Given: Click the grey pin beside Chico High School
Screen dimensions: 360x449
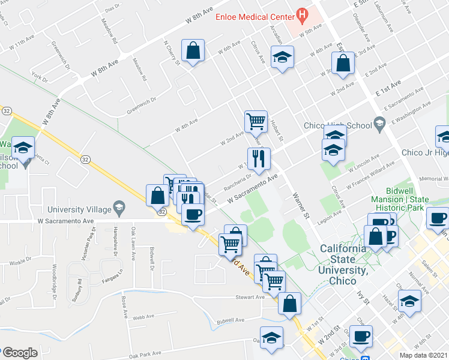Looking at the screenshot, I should coord(379,124).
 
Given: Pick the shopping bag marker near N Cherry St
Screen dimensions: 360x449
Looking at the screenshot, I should coord(194,52).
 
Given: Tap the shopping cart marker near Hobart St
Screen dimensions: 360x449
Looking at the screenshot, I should coord(256,121).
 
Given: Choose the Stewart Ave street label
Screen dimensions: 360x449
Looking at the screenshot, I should coord(250,297).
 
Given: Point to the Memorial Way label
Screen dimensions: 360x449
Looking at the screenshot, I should coord(435,179).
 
